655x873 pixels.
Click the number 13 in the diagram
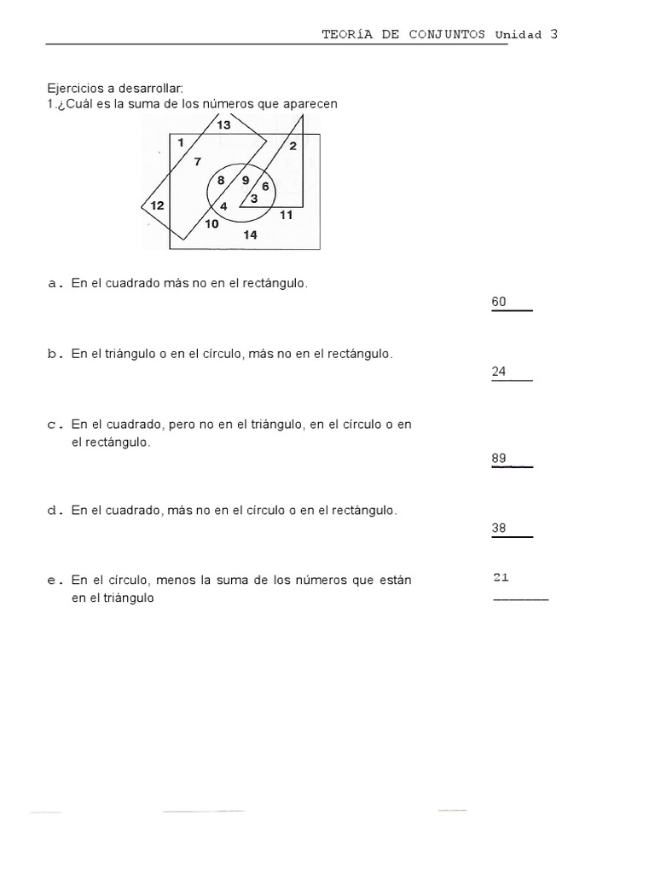[223, 125]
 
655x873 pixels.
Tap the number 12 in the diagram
[157, 205]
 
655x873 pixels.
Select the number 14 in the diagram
[250, 235]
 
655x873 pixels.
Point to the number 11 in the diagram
[286, 215]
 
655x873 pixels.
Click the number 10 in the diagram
[212, 224]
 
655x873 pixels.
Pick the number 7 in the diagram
[198, 162]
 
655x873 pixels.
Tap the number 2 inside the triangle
[293, 147]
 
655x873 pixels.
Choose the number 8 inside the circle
[221, 181]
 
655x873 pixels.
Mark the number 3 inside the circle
[254, 198]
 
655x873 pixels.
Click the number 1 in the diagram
[181, 143]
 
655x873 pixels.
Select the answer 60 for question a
[500, 301]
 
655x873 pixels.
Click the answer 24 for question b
[500, 371]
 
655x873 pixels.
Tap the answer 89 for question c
[500, 459]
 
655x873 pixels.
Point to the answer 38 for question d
[500, 528]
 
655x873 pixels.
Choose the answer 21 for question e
[501, 577]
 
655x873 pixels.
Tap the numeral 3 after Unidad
[554, 34]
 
